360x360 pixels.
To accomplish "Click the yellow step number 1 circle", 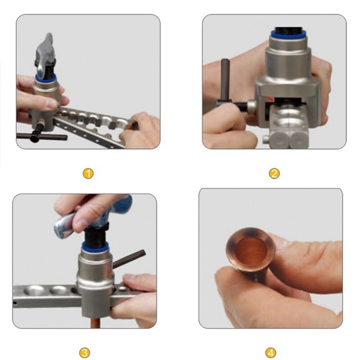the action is click(x=88, y=173).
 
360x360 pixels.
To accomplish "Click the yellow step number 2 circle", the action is click(x=274, y=173).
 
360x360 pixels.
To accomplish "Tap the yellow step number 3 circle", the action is click(x=84, y=352).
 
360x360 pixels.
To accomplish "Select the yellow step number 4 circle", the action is click(x=270, y=352).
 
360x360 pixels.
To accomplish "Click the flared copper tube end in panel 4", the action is click(x=250, y=249).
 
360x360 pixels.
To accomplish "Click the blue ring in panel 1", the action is click(x=45, y=78).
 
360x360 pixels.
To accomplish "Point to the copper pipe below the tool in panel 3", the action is click(x=95, y=322).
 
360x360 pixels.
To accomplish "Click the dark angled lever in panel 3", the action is click(x=129, y=259).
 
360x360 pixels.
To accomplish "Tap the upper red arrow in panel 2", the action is click(x=270, y=99).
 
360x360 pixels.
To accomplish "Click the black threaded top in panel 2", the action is click(x=287, y=29).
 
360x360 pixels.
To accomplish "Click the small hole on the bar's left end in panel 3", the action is click(x=15, y=303).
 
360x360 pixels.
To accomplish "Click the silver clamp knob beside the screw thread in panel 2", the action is click(x=251, y=106).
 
